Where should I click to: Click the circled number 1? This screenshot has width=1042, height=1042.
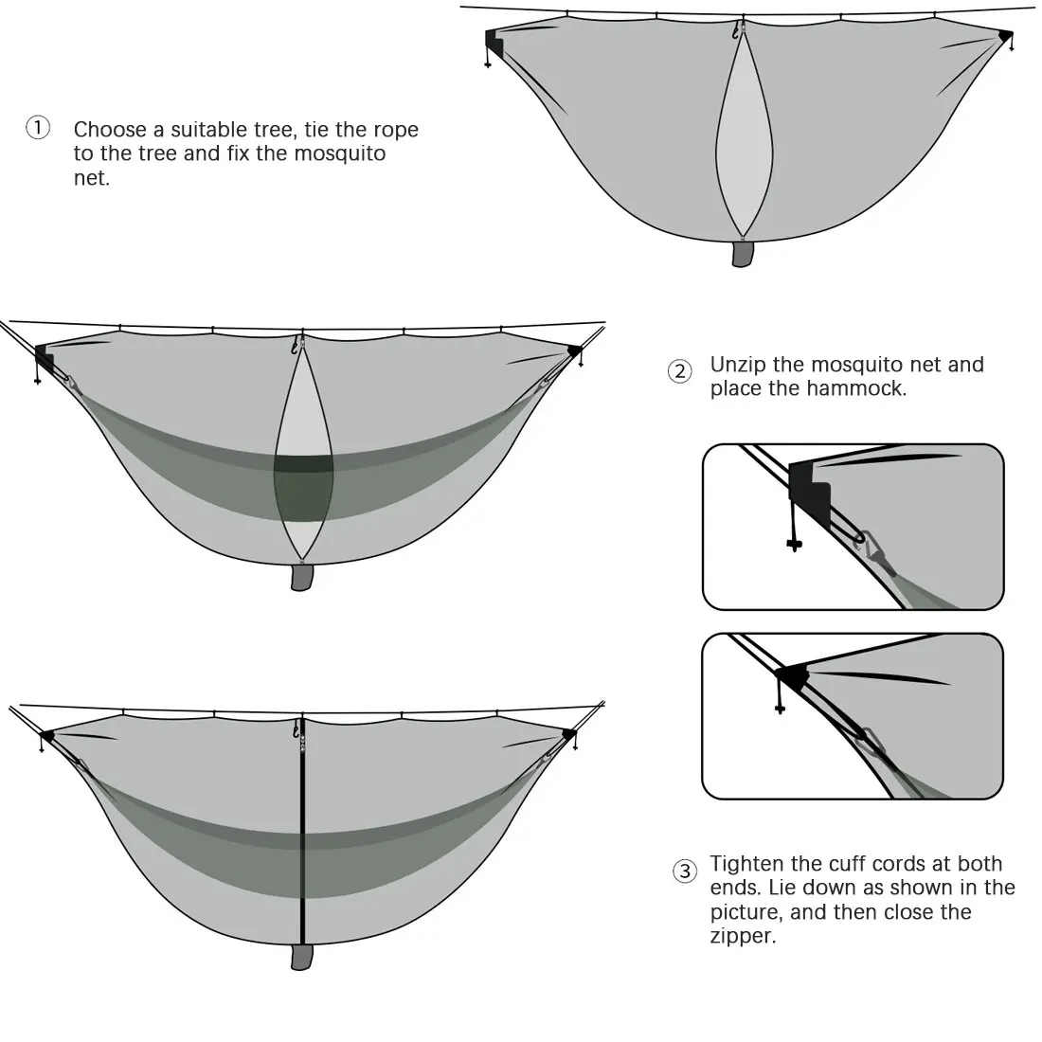[x=37, y=128]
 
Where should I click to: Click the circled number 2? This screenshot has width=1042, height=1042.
[x=679, y=371]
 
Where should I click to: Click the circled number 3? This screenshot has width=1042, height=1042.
[x=685, y=871]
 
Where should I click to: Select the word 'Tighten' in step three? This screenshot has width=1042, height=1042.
[x=750, y=864]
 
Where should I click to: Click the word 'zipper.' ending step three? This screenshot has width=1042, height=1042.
[x=743, y=938]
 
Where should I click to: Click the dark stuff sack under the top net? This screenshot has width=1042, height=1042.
[x=744, y=253]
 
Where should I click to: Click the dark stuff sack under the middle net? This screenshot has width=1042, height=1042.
[x=301, y=578]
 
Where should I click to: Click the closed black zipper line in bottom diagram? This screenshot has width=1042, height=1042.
[x=303, y=853]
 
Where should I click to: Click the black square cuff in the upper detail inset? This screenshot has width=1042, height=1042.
[x=810, y=490]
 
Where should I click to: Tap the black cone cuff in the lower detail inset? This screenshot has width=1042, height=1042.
[x=791, y=675]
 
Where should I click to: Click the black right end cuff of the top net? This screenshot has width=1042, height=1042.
[x=1005, y=35]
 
